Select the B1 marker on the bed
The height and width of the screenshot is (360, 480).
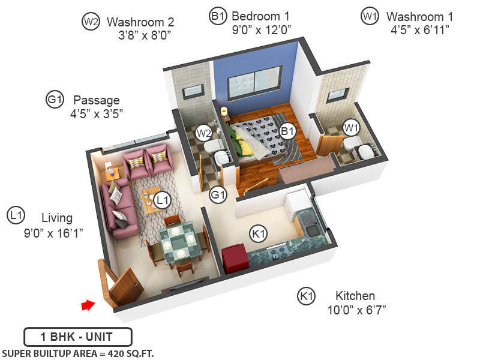point(287,130)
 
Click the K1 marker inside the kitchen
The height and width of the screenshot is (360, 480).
point(259,233)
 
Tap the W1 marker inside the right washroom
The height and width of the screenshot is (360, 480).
point(351,127)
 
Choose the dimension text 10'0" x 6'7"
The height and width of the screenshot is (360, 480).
point(355,310)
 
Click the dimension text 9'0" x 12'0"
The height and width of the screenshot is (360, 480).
point(262,29)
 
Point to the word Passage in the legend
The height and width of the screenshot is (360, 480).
point(96,100)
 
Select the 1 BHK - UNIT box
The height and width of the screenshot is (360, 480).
point(77,337)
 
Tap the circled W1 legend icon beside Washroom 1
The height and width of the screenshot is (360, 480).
point(368,16)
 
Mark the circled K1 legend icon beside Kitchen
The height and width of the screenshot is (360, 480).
point(307,295)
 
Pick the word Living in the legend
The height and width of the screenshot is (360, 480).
point(57,217)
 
